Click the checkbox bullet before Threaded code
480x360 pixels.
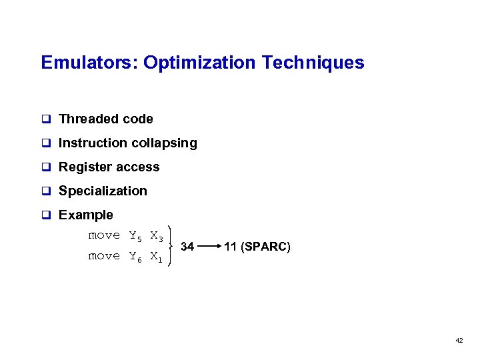pyautogui.click(x=47, y=119)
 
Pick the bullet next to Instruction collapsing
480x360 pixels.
pyautogui.click(x=47, y=143)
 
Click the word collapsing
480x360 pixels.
pyautogui.click(x=167, y=143)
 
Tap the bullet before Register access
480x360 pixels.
pyautogui.click(x=47, y=167)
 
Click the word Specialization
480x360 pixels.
pyautogui.click(x=103, y=191)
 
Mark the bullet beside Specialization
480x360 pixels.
pyautogui.click(x=47, y=191)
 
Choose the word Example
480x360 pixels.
pyautogui.click(x=86, y=215)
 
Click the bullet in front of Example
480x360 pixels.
pyautogui.click(x=47, y=215)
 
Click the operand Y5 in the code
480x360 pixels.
pyautogui.click(x=135, y=236)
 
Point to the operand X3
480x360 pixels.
pyautogui.click(x=157, y=236)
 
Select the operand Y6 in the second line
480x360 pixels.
pyautogui.click(x=135, y=257)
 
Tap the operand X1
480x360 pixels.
pyautogui.click(x=157, y=257)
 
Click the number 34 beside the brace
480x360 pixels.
pyautogui.click(x=187, y=247)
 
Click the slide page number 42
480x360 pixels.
pyautogui.click(x=459, y=340)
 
